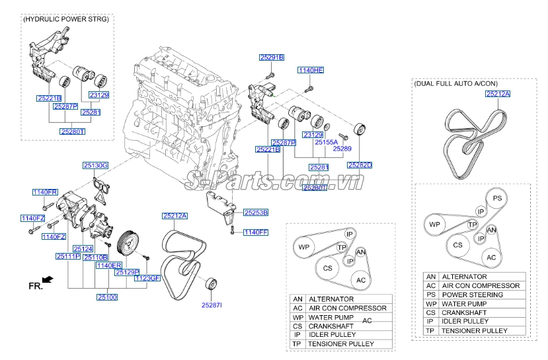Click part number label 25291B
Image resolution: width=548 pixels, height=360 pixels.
coord(272,57)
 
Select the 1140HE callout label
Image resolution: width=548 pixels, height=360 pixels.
coord(311,70)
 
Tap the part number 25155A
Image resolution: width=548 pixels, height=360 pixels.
coord(326,142)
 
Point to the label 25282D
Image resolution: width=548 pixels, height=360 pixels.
coord(360,165)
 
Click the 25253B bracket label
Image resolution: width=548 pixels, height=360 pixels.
coord(256,212)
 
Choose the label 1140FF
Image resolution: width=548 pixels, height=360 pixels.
coord(256,233)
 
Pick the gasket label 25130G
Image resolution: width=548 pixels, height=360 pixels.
coord(95,166)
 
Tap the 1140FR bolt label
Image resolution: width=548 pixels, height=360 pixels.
coord(45,192)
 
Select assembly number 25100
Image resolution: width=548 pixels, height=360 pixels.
coord(107,297)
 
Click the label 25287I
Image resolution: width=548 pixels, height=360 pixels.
coord(212,305)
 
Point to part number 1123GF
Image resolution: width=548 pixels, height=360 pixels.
coord(147,278)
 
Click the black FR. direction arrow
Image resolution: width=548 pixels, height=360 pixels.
coord(48,279)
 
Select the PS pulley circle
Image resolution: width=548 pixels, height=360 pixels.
coord(497,198)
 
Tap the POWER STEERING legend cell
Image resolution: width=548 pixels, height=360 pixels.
coord(473,295)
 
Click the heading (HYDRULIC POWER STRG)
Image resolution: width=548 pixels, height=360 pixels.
coord(66,19)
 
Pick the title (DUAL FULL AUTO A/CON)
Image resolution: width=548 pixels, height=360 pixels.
coord(455,83)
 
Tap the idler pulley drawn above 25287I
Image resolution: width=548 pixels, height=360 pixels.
coord(211,283)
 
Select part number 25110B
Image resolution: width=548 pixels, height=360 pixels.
coord(96,258)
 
